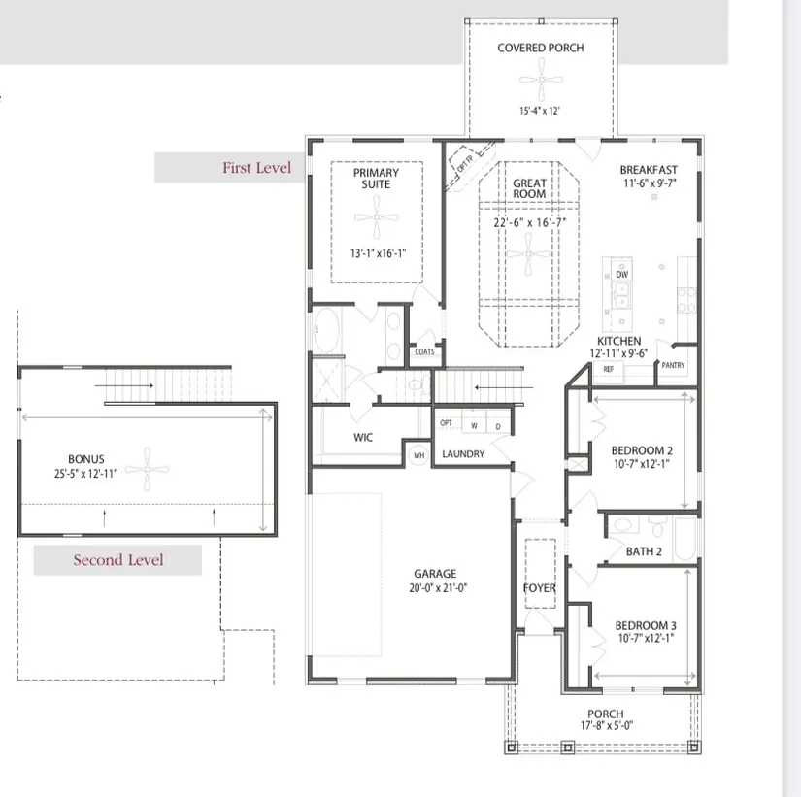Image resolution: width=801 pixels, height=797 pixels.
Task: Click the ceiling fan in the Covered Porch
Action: [x=541, y=80]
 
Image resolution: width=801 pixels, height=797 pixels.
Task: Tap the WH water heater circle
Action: [x=418, y=455]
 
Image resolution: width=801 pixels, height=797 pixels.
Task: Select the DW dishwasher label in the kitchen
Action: [x=621, y=275]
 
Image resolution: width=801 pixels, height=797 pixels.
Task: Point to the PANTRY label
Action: [x=673, y=365]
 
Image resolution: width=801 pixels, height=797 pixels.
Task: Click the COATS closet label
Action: [x=424, y=352]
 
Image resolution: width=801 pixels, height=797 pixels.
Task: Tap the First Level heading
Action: [x=256, y=168]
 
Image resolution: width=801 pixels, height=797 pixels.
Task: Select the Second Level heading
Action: [x=118, y=560]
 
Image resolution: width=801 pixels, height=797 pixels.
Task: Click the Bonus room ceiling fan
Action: [x=148, y=469]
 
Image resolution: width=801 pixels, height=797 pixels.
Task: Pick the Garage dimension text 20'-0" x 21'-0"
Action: [x=438, y=588]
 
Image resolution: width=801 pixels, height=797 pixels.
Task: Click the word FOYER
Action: [x=540, y=588]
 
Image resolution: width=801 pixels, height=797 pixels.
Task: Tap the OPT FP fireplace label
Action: [x=464, y=163]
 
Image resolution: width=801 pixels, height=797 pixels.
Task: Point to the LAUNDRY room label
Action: [x=463, y=454]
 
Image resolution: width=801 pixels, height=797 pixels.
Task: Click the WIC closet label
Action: [x=363, y=437]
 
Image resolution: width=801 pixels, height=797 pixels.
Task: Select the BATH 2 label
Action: [x=644, y=551]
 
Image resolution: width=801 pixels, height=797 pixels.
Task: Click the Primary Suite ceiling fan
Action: [x=377, y=217]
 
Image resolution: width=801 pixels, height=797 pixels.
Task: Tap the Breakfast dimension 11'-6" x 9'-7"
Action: [x=650, y=183]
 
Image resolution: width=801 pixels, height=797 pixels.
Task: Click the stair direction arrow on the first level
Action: [x=504, y=387]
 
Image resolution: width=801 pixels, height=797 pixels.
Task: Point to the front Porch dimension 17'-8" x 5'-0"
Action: [x=607, y=725]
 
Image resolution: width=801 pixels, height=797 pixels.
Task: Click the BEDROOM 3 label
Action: [x=646, y=625]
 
